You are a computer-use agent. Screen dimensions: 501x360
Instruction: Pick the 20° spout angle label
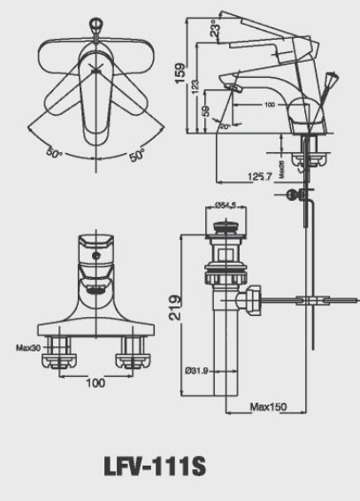[x=225, y=127]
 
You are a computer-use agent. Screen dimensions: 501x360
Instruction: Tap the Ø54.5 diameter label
[x=228, y=206]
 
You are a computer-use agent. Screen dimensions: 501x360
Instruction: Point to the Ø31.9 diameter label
[x=196, y=369]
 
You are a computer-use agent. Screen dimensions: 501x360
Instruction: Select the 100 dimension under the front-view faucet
[x=96, y=382]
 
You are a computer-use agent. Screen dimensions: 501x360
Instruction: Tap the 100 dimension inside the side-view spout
[x=269, y=104]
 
